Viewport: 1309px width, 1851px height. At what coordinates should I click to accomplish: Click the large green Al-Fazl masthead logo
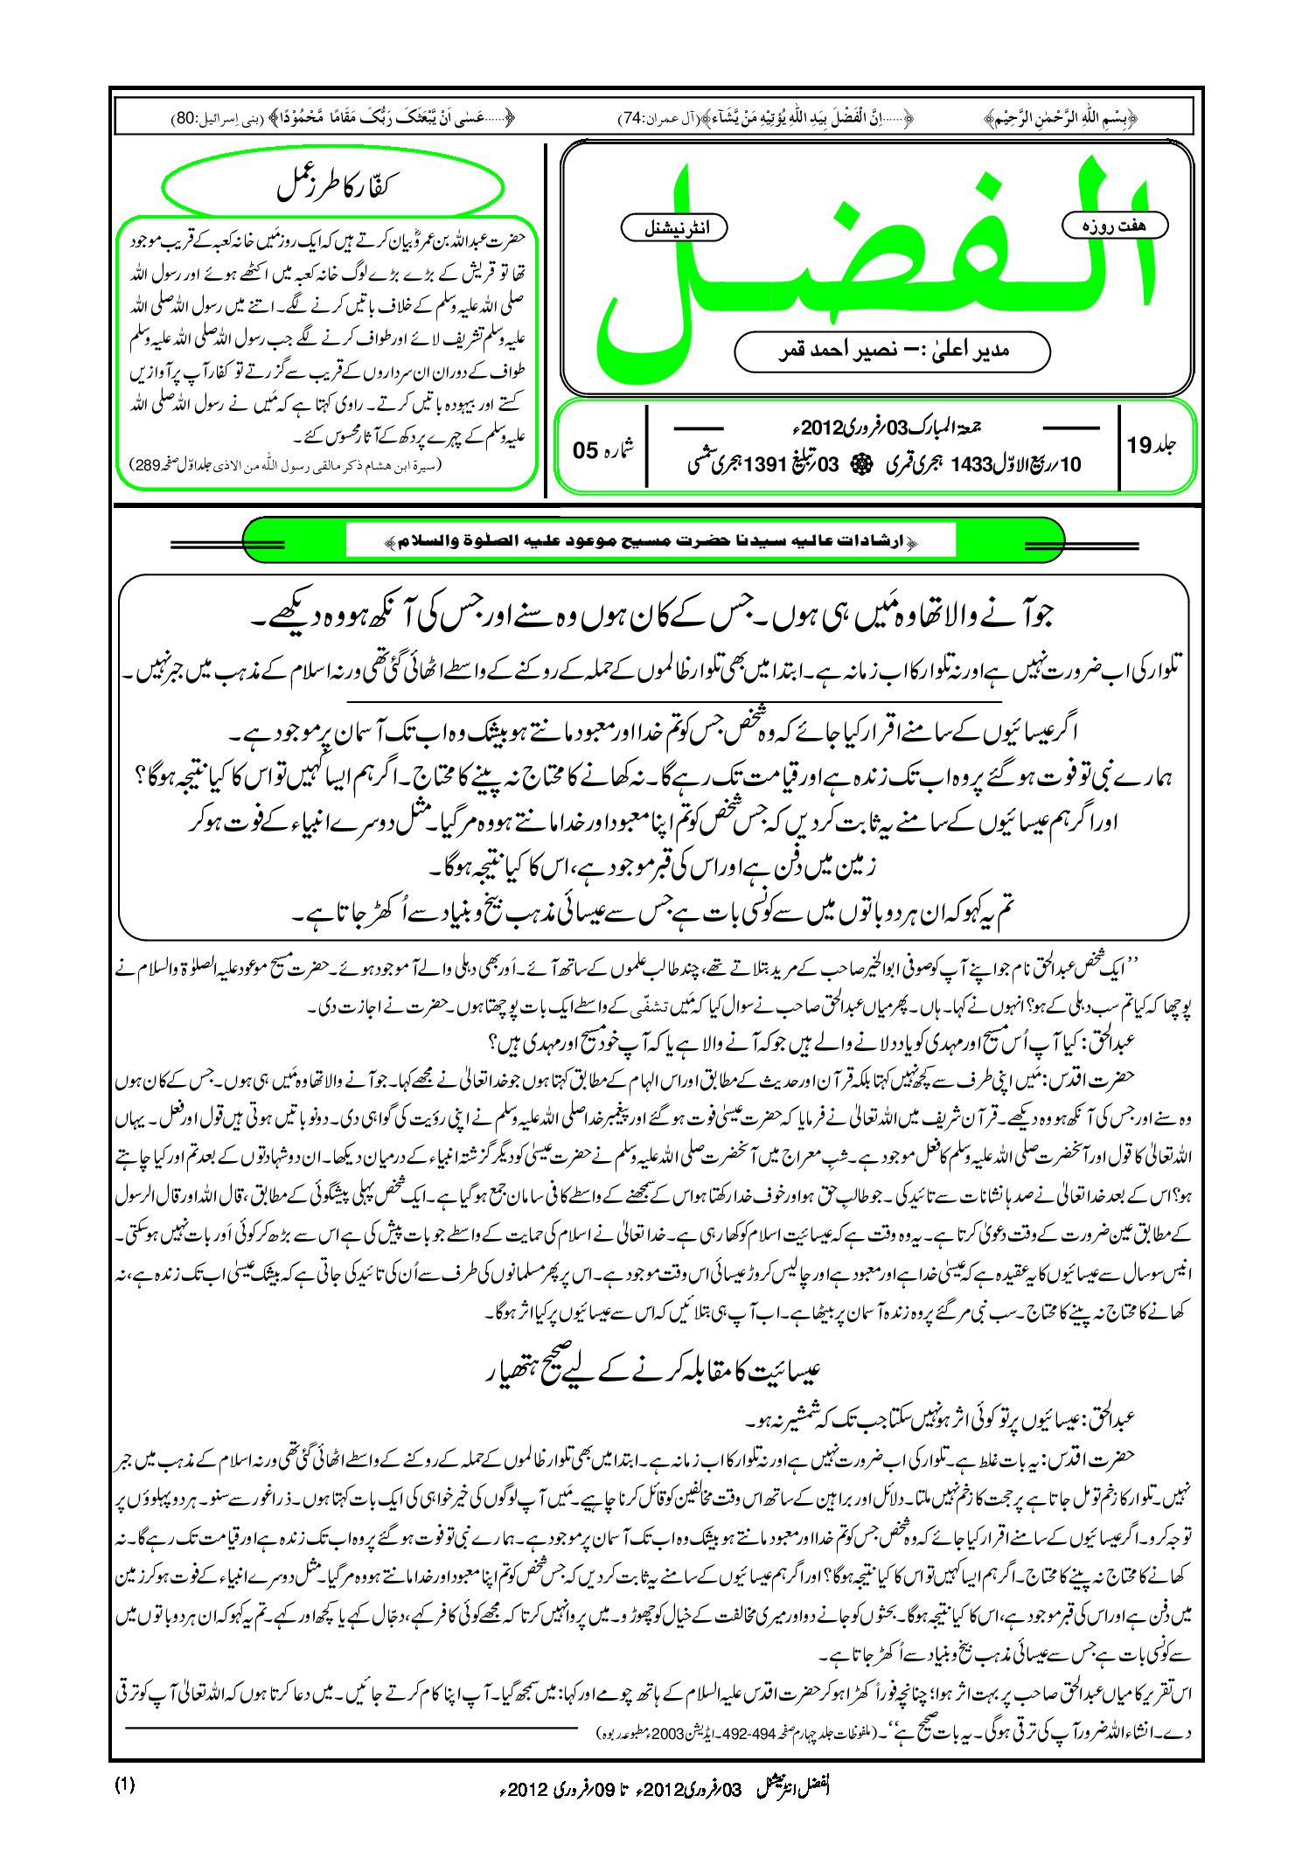point(874,262)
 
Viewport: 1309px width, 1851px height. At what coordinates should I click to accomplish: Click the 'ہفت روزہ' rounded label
point(1115,226)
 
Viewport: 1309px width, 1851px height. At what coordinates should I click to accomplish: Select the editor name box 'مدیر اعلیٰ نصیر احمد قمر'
point(892,351)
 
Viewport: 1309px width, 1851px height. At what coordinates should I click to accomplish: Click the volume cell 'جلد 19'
point(1152,446)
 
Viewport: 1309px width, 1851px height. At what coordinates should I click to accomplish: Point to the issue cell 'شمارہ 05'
point(602,449)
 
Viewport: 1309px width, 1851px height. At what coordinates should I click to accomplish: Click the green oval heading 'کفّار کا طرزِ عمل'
point(333,186)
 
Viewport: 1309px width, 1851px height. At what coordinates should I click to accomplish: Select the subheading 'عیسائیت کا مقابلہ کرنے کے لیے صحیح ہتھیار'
point(652,1369)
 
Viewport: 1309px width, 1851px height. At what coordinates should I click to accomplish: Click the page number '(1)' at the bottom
point(124,1785)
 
